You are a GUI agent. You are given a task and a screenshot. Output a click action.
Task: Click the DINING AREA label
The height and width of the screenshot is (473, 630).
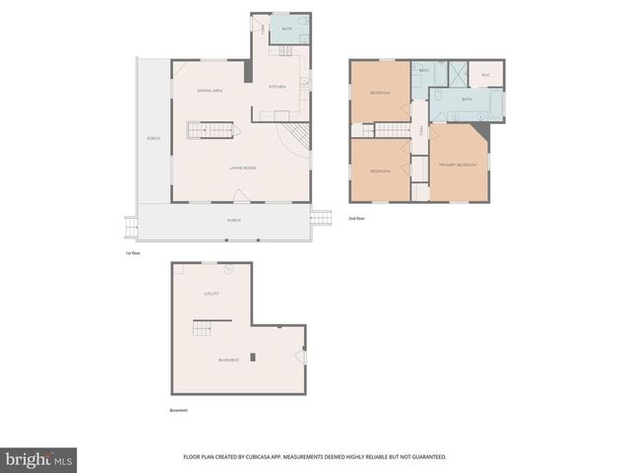point(209,91)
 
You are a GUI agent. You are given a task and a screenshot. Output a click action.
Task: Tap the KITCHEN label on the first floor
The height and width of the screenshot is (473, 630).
point(278,88)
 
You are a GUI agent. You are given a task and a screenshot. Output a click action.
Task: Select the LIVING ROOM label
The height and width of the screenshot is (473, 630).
point(243,169)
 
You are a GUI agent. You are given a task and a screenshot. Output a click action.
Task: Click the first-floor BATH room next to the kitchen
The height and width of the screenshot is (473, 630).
point(287,30)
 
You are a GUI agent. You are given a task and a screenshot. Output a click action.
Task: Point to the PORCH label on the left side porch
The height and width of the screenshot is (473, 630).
point(154,138)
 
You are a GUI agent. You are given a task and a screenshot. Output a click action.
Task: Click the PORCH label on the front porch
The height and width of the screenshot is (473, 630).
point(234,220)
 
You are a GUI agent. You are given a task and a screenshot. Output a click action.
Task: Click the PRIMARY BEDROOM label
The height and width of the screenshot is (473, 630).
point(458,165)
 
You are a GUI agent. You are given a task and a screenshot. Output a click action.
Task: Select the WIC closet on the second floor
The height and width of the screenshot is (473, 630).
point(485,74)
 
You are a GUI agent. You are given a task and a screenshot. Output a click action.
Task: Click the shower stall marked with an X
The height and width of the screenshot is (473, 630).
point(456,71)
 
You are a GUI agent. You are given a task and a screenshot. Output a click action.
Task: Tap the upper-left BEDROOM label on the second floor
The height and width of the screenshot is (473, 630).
point(380,93)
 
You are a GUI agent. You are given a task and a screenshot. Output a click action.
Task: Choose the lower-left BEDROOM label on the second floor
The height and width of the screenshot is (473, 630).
point(380,171)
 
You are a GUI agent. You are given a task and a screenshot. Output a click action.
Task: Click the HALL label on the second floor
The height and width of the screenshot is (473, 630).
point(420,132)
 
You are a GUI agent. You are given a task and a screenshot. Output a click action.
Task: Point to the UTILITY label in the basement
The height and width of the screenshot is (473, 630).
point(211,294)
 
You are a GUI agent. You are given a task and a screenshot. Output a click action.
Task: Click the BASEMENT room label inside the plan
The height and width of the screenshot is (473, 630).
point(228,360)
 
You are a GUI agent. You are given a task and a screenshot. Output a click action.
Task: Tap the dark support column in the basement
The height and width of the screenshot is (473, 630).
point(253,357)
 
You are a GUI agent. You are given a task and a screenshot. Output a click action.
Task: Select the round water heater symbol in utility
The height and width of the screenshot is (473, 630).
point(229,269)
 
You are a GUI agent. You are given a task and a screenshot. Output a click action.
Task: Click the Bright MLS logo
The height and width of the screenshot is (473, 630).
point(39,460)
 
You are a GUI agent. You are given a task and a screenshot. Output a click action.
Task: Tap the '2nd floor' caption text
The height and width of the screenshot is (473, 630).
point(356,218)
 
